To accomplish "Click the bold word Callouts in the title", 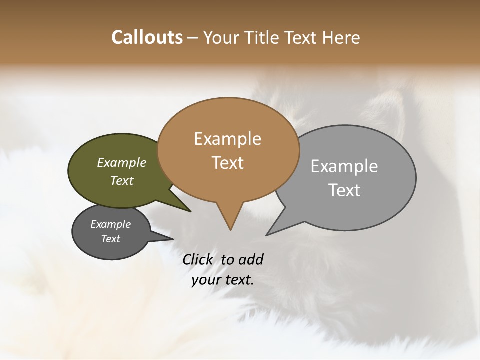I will click(x=147, y=37).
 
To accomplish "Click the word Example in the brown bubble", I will click(x=227, y=139).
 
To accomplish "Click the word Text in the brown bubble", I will click(x=228, y=163).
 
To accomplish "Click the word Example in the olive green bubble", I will click(x=122, y=163).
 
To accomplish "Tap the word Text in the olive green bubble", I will click(x=122, y=180).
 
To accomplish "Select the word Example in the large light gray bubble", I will click(x=344, y=166).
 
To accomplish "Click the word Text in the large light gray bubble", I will click(x=344, y=190).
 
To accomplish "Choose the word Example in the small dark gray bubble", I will click(x=110, y=224).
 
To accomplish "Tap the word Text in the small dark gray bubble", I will click(x=111, y=239).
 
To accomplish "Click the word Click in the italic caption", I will click(x=197, y=260).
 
